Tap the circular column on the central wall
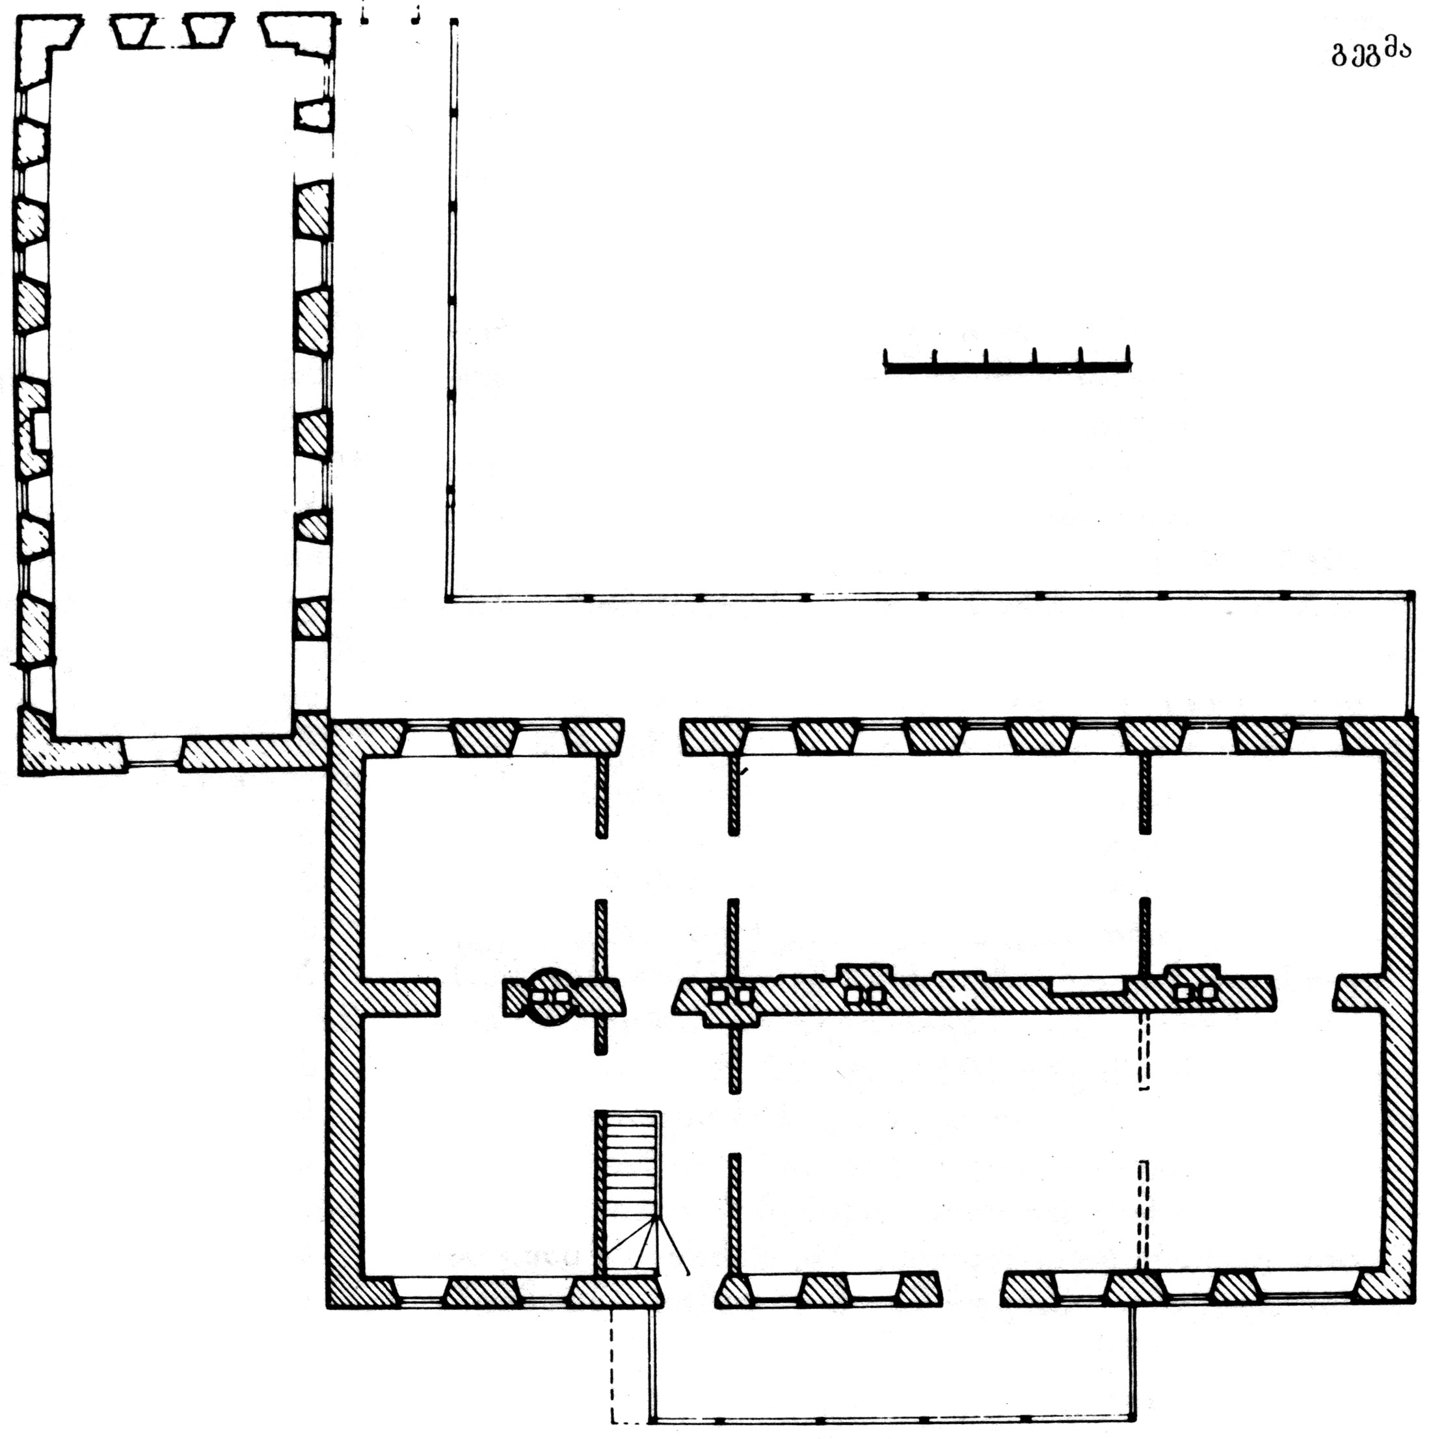(x=551, y=997)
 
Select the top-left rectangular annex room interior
(x=171, y=388)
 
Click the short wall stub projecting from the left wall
(x=401, y=997)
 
